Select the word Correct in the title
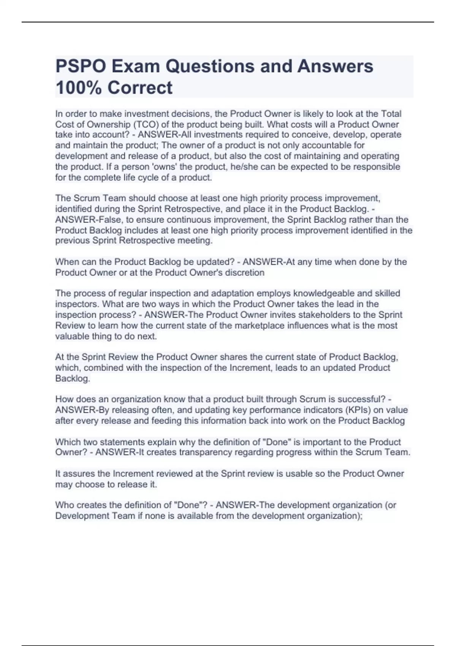pyautogui.click(x=140, y=88)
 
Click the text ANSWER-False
pyautogui.click(x=84, y=220)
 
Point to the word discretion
pyautogui.click(x=245, y=272)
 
